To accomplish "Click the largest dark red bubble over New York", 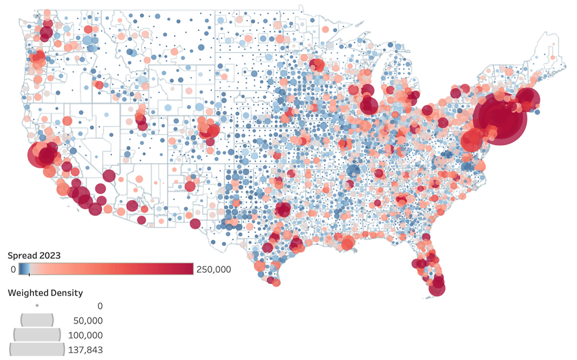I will click(500, 118).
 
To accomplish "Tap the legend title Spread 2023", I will click(34, 256).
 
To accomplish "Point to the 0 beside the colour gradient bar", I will click(13, 269).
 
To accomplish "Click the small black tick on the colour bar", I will click(29, 274).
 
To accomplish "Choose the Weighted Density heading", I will click(45, 293).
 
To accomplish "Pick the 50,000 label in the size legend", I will click(87, 320).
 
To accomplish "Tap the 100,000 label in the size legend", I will click(86, 335).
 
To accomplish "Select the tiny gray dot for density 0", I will click(37, 306).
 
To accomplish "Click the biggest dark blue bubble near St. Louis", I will click(353, 171).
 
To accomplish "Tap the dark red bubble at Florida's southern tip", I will click(437, 288).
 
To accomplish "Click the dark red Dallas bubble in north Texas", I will click(283, 209).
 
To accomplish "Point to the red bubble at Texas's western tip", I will click(195, 223).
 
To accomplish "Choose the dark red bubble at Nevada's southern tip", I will click(109, 176).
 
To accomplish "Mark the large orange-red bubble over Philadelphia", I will click(472, 141).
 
